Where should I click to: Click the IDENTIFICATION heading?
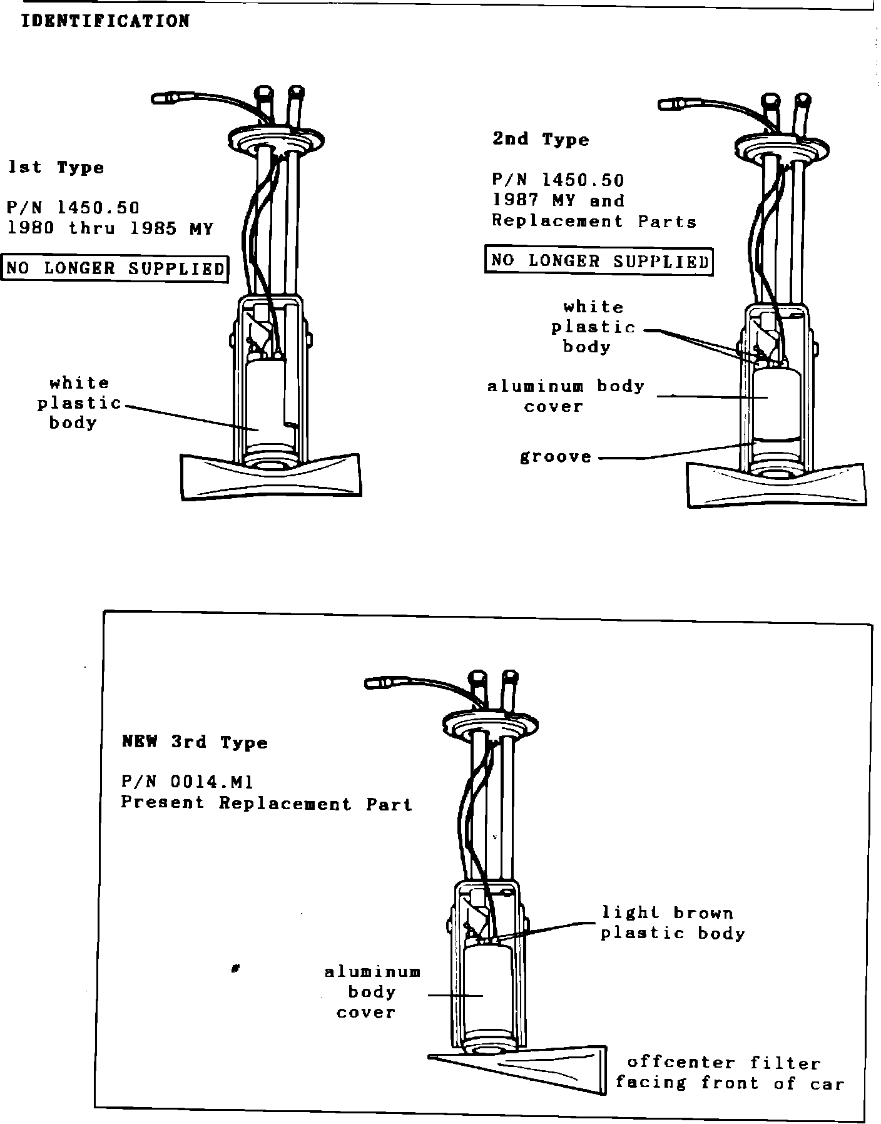point(105,21)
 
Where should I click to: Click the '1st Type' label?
point(56,168)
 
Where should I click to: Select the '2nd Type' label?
point(541,139)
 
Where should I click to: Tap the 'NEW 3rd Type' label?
point(195,742)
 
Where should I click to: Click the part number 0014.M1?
point(188,782)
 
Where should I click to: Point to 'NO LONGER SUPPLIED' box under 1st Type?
point(115,268)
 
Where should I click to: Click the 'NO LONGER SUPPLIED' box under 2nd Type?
point(599,260)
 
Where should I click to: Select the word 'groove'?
point(556,457)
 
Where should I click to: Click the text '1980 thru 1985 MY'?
point(110,228)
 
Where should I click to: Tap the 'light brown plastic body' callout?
point(672,923)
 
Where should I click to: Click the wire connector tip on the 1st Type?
point(164,98)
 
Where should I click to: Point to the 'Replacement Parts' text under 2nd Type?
point(593,222)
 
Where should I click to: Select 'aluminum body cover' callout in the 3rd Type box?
point(372,991)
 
